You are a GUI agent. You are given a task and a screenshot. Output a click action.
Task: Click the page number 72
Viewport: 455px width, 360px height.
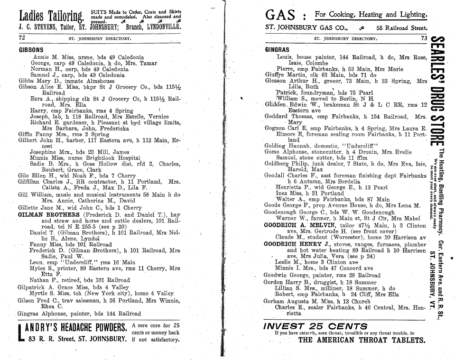22,37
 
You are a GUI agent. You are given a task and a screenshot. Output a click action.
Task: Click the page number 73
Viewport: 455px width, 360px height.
424,38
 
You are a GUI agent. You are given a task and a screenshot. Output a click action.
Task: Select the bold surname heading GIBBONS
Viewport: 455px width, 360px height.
31,50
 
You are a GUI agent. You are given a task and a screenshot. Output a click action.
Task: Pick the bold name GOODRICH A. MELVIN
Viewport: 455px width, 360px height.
294,225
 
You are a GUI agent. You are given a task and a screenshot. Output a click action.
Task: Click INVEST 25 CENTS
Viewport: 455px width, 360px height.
311,326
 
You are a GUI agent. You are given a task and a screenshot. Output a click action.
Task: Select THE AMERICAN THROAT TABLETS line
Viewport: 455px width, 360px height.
361,340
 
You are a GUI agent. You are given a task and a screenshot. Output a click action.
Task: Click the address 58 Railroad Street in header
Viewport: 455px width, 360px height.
399,28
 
